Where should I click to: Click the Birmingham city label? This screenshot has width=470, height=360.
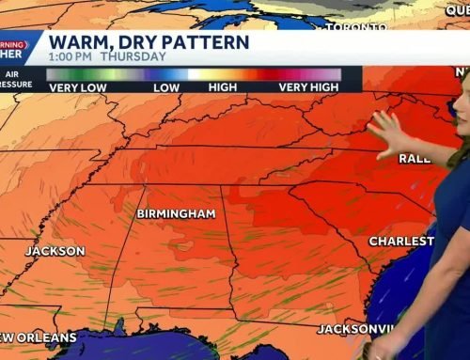176,213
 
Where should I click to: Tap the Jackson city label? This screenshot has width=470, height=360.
55,251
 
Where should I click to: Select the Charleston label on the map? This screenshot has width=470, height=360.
401,242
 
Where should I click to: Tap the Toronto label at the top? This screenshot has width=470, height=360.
356,27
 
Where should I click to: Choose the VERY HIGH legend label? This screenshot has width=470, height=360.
308,86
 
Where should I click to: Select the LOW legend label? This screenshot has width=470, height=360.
167,86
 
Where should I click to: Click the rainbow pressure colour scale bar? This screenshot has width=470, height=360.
193,73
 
